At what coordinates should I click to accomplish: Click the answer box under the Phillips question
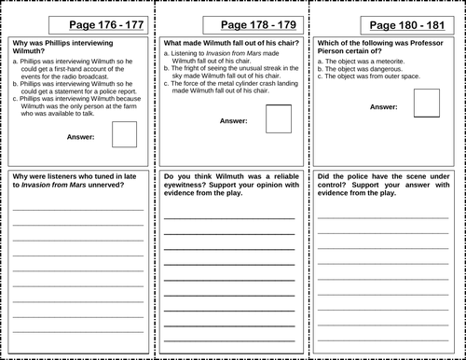(x=124, y=134)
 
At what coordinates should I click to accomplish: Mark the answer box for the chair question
(x=278, y=118)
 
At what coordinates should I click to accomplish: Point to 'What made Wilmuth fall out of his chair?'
(x=225, y=42)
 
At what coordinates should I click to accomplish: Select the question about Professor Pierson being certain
(x=377, y=48)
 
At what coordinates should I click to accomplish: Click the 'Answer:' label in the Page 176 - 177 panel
(x=86, y=136)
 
